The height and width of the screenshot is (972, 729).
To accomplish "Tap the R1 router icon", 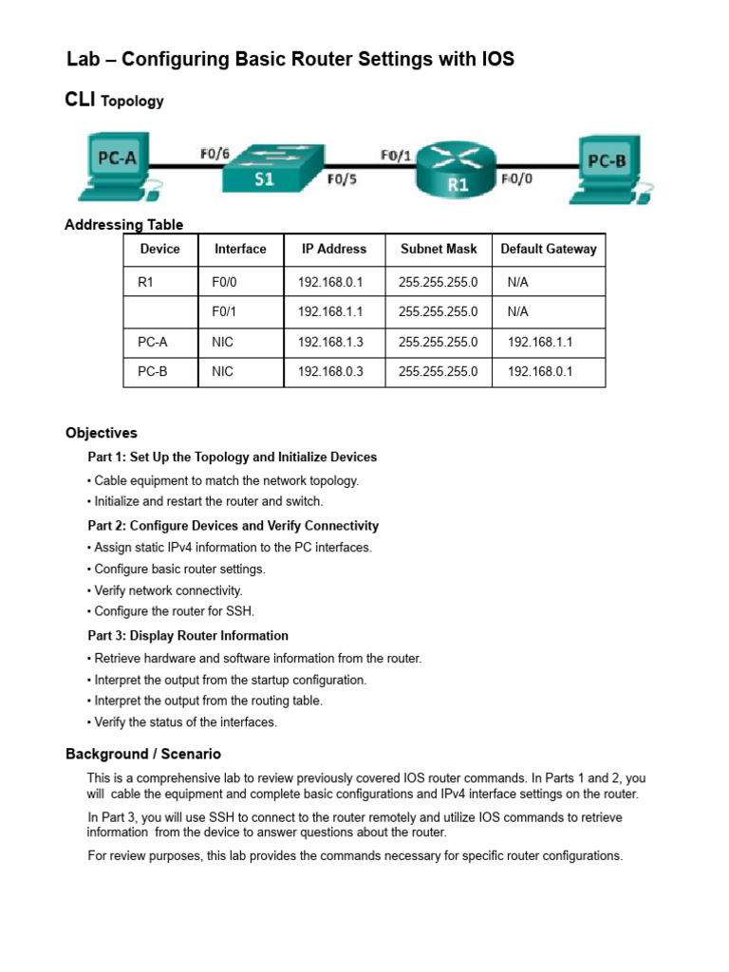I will tap(458, 171).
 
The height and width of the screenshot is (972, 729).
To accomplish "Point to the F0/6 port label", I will tap(215, 152).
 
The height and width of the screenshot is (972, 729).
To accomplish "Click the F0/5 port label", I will tap(341, 178).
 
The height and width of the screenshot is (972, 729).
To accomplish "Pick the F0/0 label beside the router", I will tap(516, 178).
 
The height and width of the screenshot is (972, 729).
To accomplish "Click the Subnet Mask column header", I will tap(439, 250).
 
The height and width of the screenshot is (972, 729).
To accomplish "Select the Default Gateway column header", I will tap(549, 250).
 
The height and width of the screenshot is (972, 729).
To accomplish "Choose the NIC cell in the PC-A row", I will tap(222, 342).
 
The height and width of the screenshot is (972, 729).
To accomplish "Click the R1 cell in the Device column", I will tap(145, 282).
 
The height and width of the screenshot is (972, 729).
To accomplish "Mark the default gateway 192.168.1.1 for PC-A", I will tap(540, 342).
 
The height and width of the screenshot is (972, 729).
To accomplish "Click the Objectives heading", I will tap(102, 433).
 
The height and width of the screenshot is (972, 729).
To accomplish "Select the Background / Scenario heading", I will tap(143, 755).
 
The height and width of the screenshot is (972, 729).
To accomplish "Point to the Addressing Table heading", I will tap(124, 225).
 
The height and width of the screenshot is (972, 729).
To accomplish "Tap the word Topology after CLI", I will tap(132, 102).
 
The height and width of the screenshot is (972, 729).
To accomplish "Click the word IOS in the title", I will tap(496, 59).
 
